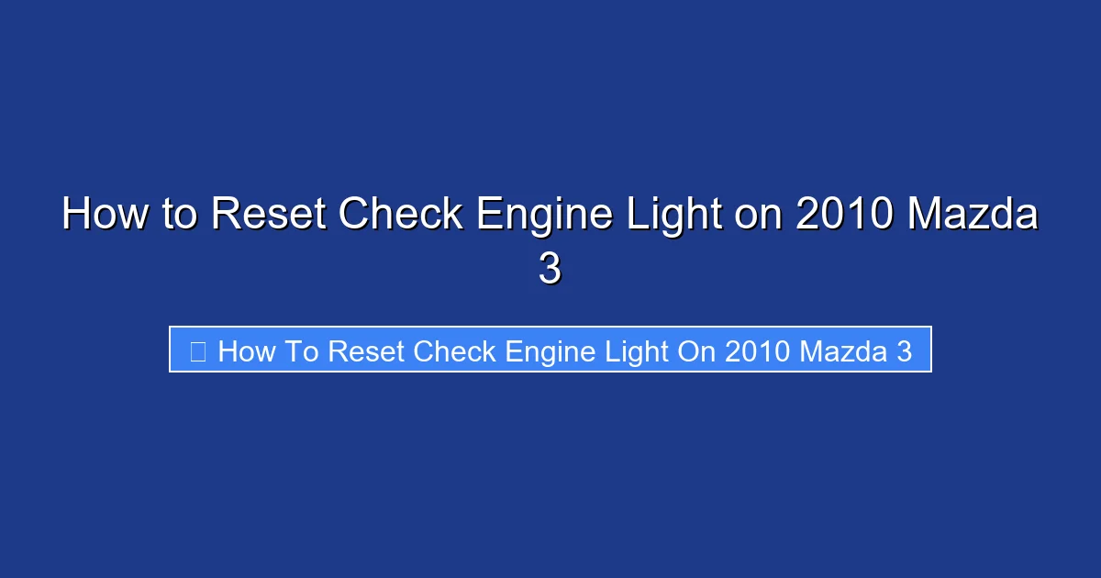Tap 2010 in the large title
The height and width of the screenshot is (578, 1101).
tap(844, 216)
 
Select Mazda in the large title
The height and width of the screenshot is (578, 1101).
tap(973, 216)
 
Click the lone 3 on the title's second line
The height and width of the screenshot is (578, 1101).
tap(550, 271)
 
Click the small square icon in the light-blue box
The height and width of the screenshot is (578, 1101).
tap(197, 350)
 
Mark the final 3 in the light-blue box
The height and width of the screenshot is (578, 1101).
tap(905, 350)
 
